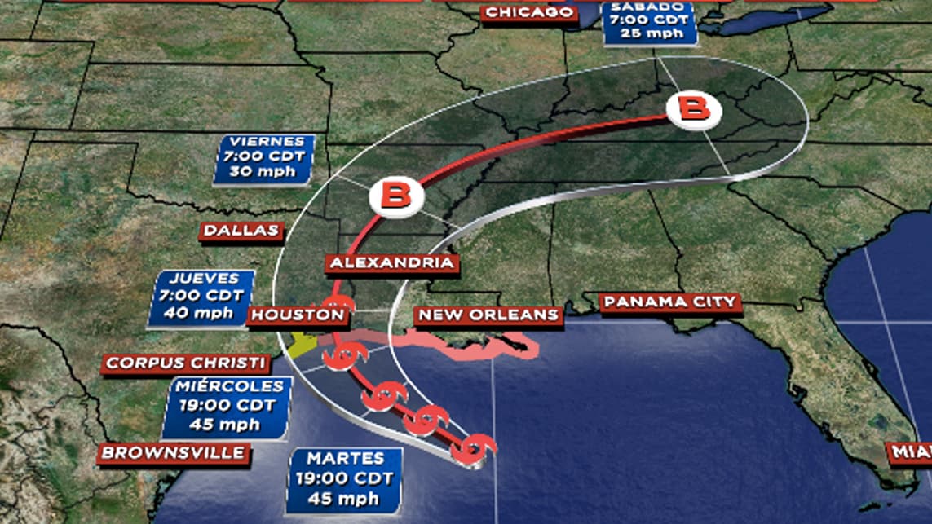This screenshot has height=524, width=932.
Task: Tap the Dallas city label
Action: [x=241, y=231]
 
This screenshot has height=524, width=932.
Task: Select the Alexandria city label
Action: [x=391, y=263]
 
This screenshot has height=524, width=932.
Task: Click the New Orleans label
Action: [x=488, y=315]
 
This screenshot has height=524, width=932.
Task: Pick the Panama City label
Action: [x=670, y=303]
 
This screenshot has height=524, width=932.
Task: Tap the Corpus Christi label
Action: [x=186, y=363]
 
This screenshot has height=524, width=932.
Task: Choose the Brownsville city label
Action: [x=173, y=453]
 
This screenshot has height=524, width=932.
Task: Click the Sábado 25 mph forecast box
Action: [x=650, y=23]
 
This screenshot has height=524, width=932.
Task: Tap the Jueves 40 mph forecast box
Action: [x=201, y=297]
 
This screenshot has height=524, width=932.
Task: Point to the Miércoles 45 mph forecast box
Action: [x=226, y=405]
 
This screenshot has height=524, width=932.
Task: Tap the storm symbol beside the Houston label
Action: [x=337, y=314]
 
